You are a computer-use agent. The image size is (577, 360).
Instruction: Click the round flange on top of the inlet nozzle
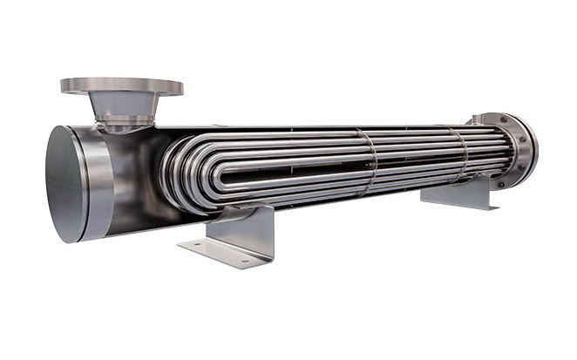coord(121,85)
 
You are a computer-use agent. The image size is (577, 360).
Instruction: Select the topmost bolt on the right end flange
coord(513,120)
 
